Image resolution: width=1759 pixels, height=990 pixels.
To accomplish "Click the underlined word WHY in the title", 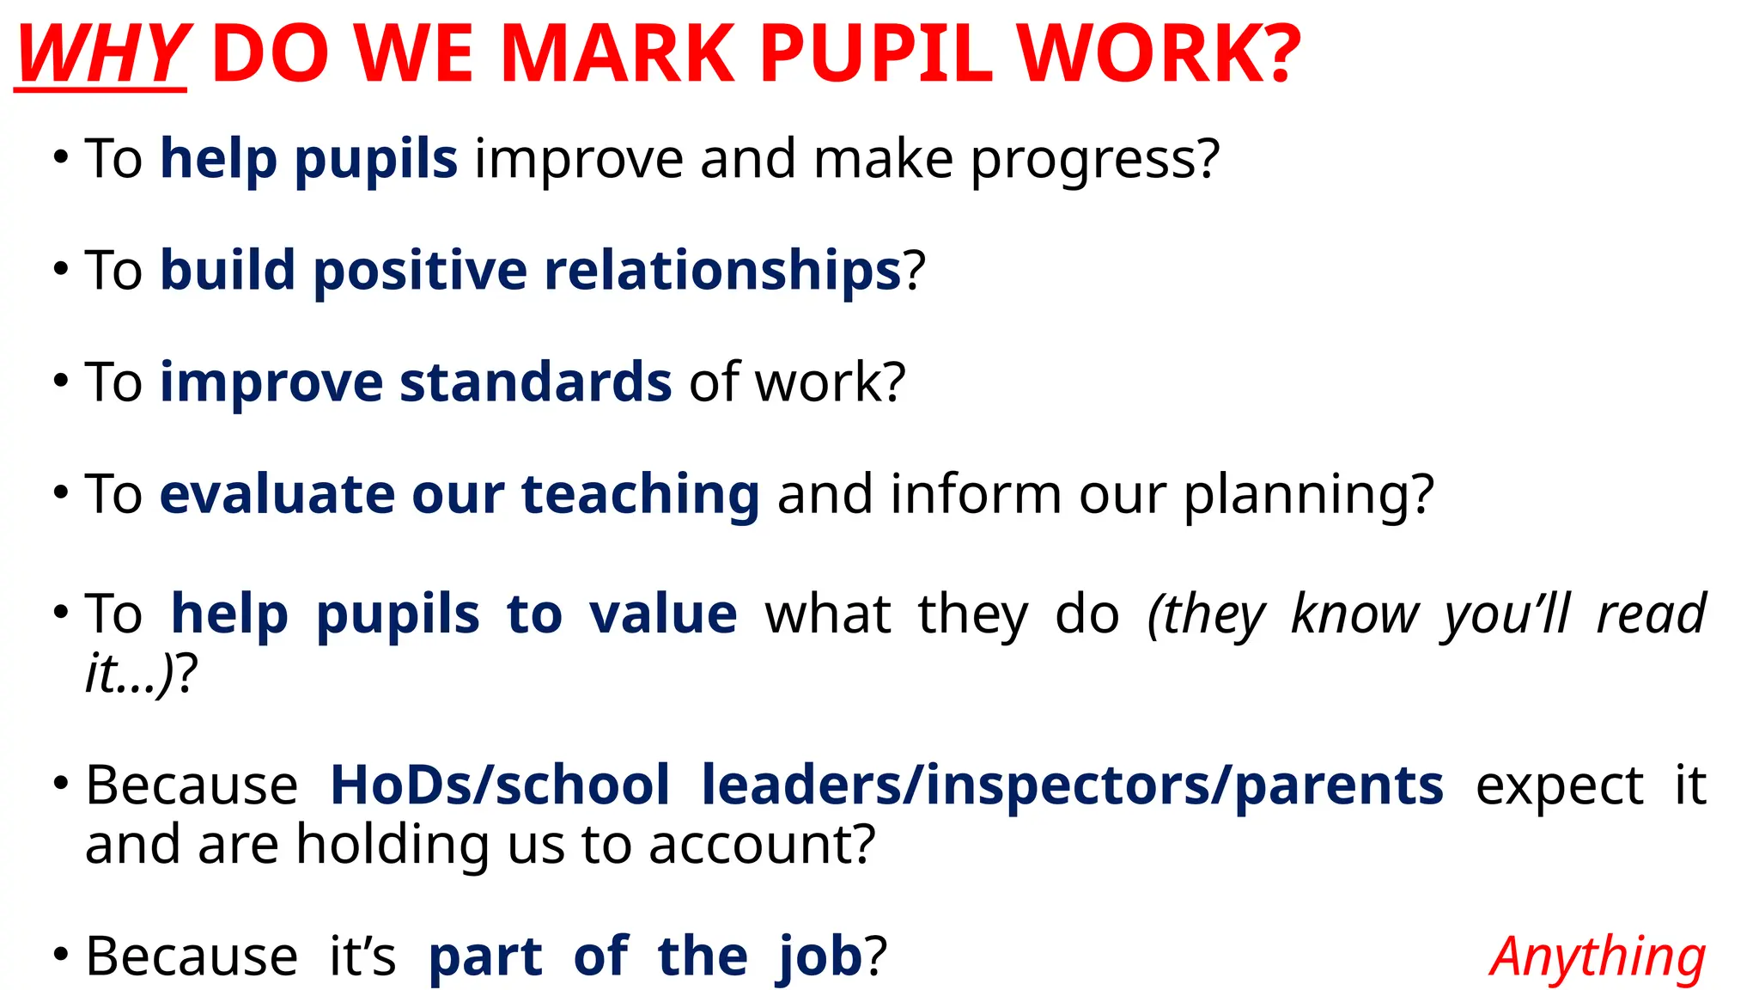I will (x=101, y=53).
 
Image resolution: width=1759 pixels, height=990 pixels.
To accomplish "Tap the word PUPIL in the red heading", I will (x=875, y=53).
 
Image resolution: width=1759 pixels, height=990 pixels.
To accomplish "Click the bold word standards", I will (x=535, y=382).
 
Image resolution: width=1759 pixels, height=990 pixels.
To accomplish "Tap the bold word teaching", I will (x=640, y=495).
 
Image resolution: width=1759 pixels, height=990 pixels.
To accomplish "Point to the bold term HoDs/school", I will (x=500, y=785).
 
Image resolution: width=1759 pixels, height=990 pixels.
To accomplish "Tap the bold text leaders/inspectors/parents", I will (x=1072, y=785).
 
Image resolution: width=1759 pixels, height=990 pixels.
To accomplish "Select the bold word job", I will (x=820, y=957).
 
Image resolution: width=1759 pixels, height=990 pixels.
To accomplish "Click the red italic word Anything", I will (x=1598, y=957).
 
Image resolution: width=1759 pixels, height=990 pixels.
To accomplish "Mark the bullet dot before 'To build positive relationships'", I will (x=60, y=269).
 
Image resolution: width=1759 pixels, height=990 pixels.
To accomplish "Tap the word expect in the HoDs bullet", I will (x=1559, y=786).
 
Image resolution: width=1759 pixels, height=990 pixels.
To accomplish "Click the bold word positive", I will (x=420, y=271).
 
